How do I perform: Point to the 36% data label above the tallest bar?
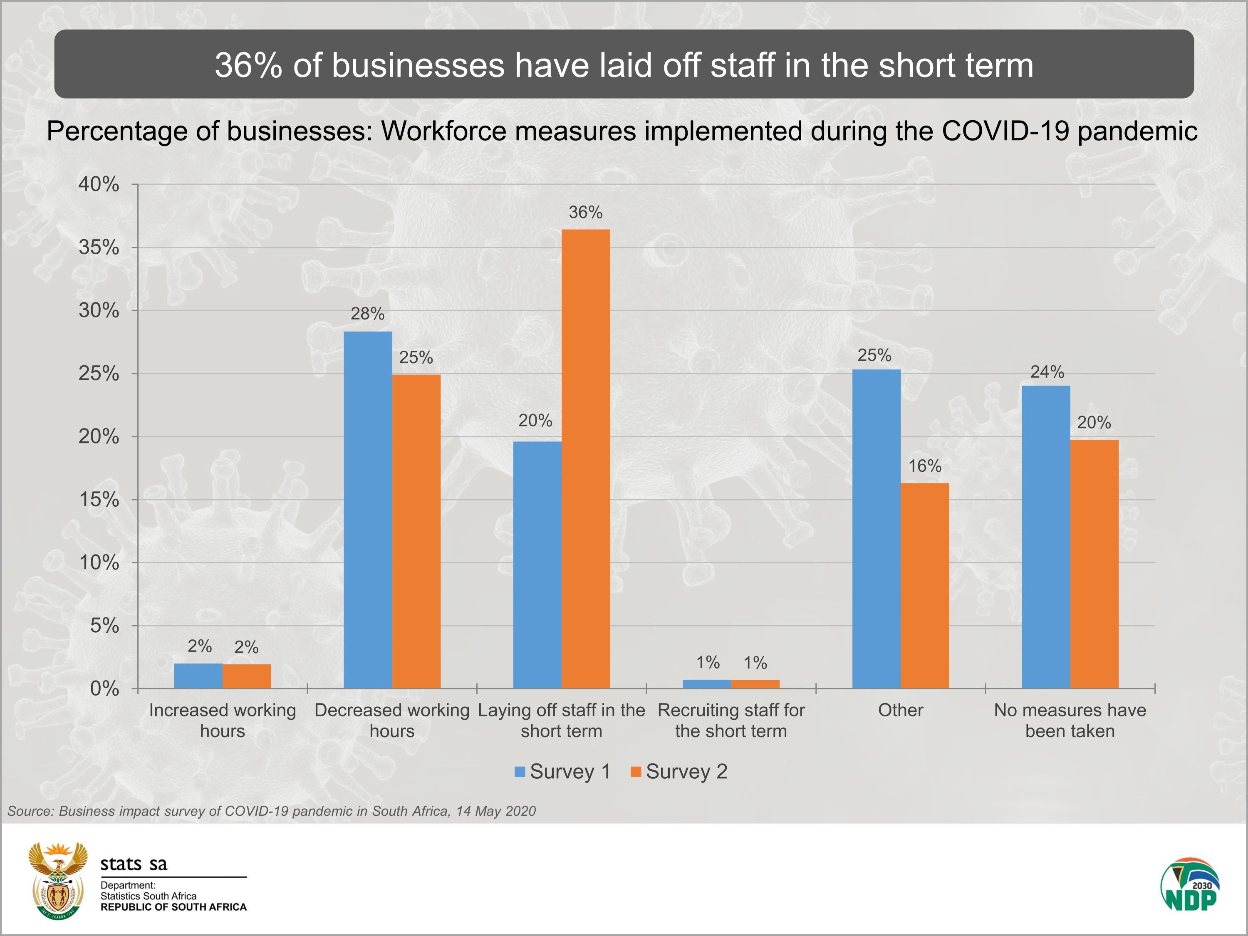click(586, 213)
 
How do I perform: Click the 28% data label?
click(367, 314)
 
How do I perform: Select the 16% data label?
click(925, 466)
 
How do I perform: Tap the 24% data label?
click(1047, 372)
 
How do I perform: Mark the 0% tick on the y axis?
click(104, 689)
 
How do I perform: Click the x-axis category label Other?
click(901, 710)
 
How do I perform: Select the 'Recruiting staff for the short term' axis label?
click(731, 721)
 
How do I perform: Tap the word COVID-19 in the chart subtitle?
click(1005, 131)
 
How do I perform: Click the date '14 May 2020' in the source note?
click(496, 811)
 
